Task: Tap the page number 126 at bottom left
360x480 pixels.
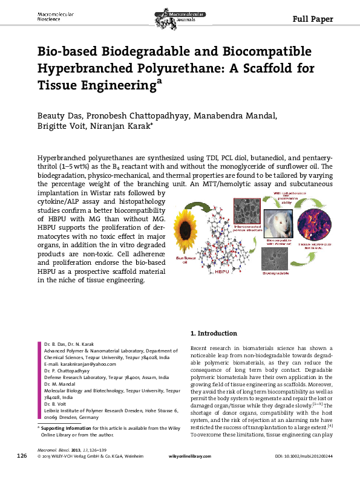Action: pyautogui.click(x=21, y=472)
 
